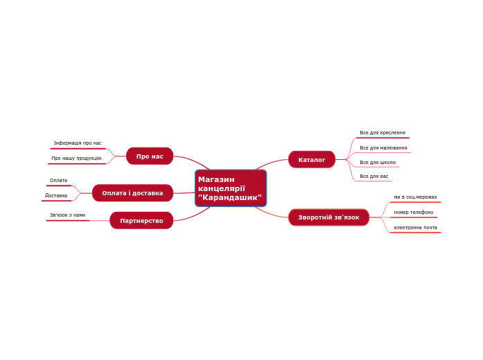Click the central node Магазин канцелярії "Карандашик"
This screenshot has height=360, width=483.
pyautogui.click(x=230, y=188)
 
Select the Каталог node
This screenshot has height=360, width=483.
pyautogui.click(x=312, y=160)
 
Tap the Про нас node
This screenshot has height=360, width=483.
pyautogui.click(x=150, y=156)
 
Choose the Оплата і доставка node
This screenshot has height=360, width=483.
pyautogui.click(x=132, y=193)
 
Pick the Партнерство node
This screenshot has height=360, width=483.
pyautogui.click(x=141, y=221)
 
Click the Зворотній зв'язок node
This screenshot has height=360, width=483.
pyautogui.click(x=328, y=217)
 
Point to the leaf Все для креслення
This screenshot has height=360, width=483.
pyautogui.click(x=383, y=133)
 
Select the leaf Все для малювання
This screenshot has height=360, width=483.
pyautogui.click(x=383, y=148)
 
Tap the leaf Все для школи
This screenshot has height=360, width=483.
pyautogui.click(x=378, y=163)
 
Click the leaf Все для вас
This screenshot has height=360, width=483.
pyautogui.click(x=374, y=177)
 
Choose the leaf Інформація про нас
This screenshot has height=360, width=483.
pyautogui.click(x=78, y=143)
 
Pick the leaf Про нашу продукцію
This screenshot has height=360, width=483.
pyautogui.click(x=76, y=159)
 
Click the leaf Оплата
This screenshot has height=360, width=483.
pyautogui.click(x=59, y=181)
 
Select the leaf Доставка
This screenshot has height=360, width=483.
pyautogui.click(x=56, y=196)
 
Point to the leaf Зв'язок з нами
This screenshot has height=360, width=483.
pyautogui.click(x=67, y=215)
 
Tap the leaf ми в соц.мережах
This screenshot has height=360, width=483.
pyautogui.click(x=415, y=197)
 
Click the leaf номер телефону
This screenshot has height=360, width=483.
pyautogui.click(x=413, y=213)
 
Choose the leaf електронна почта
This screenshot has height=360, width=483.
pyautogui.click(x=415, y=228)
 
